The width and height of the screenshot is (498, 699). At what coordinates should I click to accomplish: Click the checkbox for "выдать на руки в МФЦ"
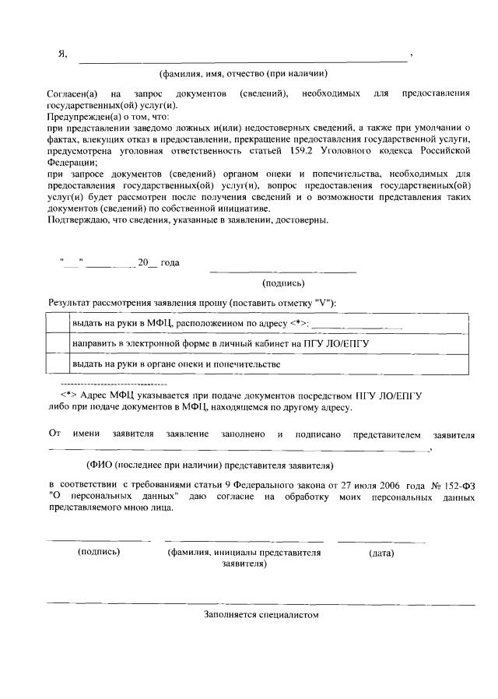click(x=58, y=323)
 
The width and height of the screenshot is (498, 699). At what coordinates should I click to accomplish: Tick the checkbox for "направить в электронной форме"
click(x=58, y=342)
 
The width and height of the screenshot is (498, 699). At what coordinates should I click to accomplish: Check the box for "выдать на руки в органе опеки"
click(x=58, y=364)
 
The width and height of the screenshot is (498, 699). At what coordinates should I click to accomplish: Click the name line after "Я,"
click(x=241, y=59)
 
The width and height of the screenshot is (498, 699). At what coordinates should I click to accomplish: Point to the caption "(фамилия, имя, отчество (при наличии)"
click(x=242, y=74)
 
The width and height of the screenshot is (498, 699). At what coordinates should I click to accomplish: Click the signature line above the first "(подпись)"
click(x=283, y=271)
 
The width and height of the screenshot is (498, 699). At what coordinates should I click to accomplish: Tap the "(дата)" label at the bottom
click(x=381, y=553)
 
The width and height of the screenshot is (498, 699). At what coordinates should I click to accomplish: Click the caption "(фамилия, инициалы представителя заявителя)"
click(x=244, y=558)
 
